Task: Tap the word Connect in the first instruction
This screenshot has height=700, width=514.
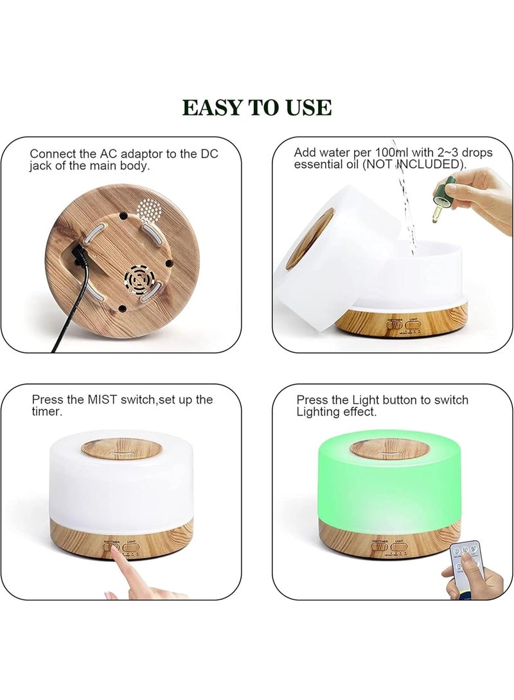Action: point(51,154)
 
